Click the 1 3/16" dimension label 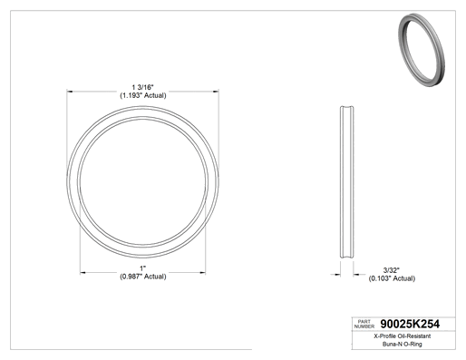click(142, 87)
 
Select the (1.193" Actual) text click(142, 95)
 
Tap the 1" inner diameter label click(142, 268)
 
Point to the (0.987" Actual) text click(143, 277)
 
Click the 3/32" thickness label click(392, 270)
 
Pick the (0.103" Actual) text click(392, 278)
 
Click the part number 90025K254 click(410, 324)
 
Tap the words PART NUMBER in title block click(364, 324)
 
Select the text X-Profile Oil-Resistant click(403, 336)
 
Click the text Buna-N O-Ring click(403, 344)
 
